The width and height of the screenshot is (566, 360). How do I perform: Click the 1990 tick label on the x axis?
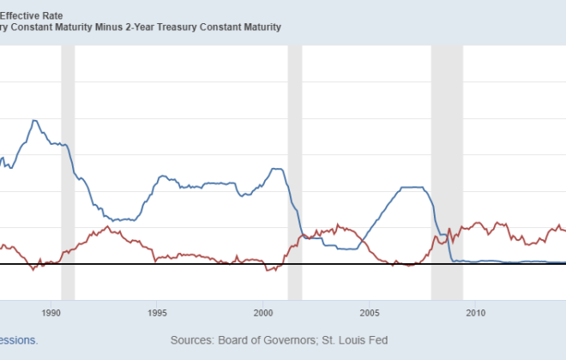point(51,312)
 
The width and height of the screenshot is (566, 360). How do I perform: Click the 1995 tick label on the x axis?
point(157,312)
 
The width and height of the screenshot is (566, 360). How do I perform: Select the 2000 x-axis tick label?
point(263,312)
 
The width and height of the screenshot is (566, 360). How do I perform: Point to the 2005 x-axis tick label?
point(370,312)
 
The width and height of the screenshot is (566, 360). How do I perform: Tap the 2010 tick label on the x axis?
point(476,312)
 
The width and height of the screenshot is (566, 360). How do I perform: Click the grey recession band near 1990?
point(68,171)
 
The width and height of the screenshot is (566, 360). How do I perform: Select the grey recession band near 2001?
point(295,171)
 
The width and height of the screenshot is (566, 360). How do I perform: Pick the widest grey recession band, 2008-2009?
point(447,171)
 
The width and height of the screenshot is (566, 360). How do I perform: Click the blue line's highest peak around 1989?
point(34,120)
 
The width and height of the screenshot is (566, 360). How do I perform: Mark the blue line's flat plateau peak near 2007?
point(413,187)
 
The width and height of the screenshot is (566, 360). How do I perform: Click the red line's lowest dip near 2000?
point(268,271)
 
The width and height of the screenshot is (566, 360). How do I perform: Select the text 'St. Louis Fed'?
point(353,340)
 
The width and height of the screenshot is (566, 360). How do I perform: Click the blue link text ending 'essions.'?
point(18,340)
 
